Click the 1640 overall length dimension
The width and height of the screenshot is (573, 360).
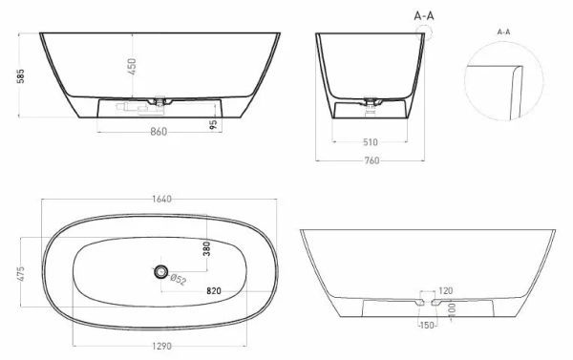(x=160, y=199)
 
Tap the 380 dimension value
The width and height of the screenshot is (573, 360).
(x=205, y=250)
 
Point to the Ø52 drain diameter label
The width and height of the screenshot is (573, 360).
(x=178, y=281)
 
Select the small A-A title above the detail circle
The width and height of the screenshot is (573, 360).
(x=503, y=32)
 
